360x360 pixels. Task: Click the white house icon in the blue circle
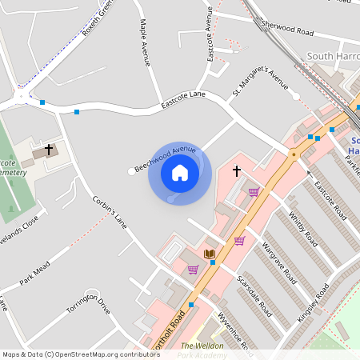pyautogui.click(x=180, y=172)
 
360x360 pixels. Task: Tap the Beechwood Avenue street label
pyautogui.click(x=166, y=158)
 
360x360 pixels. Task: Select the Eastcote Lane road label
pyautogui.click(x=183, y=99)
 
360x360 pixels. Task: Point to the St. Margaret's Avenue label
pyautogui.click(x=259, y=82)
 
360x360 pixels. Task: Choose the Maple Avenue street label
pyautogui.click(x=145, y=44)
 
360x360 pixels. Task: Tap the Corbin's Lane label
pyautogui.click(x=110, y=211)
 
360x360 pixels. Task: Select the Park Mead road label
pyautogui.click(x=35, y=271)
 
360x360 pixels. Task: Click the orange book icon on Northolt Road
pyautogui.click(x=210, y=254)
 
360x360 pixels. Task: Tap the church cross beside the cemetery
pyautogui.click(x=49, y=149)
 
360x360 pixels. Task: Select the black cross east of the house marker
pyautogui.click(x=236, y=170)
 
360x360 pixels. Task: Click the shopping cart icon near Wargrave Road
pyautogui.click(x=239, y=241)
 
